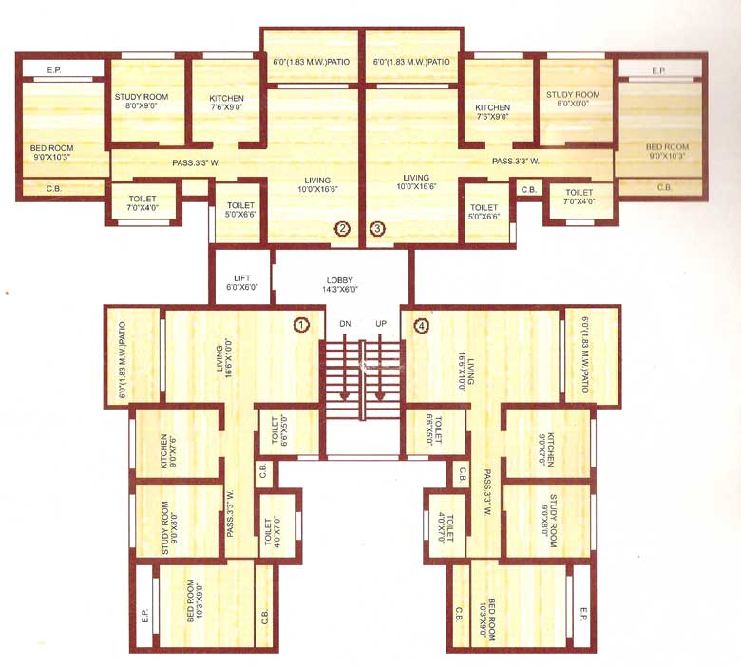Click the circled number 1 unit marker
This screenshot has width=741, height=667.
301,325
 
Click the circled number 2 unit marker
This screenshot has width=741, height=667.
343,228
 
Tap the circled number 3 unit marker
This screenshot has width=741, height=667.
377,228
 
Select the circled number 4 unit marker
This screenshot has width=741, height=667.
421,325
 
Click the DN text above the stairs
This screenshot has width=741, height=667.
345,324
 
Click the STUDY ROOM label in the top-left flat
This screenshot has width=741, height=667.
141,102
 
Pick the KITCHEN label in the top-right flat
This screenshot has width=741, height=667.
493,112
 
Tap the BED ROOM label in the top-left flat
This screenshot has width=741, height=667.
53,153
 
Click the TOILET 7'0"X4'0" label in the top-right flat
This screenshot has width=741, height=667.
578,197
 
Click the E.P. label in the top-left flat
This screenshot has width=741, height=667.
53,69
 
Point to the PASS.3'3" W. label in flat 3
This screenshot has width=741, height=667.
516,162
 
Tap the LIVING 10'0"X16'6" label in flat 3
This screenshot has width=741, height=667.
415,182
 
